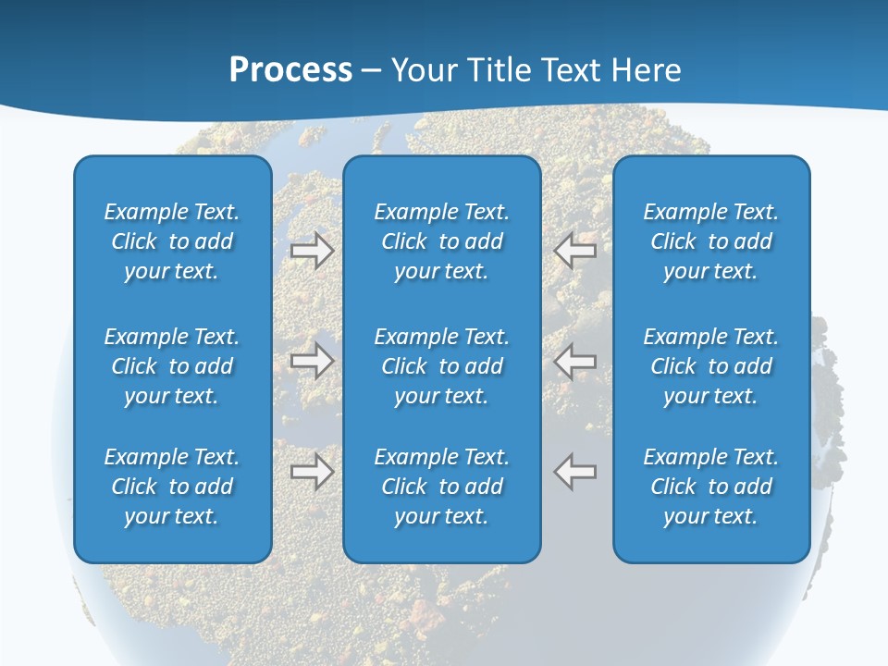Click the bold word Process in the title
[290, 70]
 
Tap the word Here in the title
[647, 70]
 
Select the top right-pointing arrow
[313, 250]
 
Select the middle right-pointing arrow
[313, 361]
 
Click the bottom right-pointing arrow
[313, 472]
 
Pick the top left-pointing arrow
[575, 250]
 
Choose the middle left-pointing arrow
[575, 361]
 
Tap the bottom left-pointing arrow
[575, 472]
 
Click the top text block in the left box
[172, 241]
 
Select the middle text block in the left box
[172, 366]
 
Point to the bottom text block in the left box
[172, 487]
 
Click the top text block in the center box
[442, 241]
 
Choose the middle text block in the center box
[442, 366]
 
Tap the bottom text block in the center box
[442, 487]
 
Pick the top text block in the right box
[711, 241]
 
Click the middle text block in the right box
[711, 366]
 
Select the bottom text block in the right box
[711, 487]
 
